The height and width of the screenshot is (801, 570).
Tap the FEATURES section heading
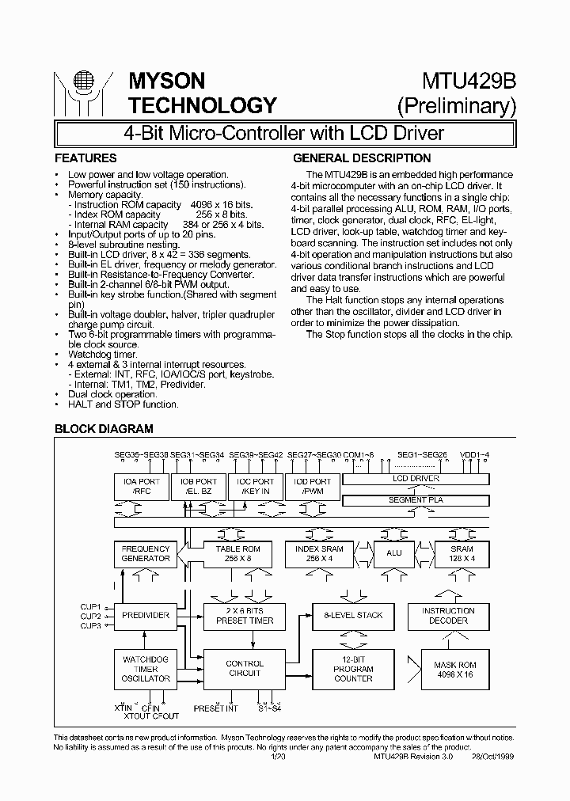[85, 158]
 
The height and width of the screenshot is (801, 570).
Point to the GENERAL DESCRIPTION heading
[362, 158]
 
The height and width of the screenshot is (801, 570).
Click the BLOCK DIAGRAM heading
[103, 429]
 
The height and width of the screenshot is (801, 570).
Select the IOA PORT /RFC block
[141, 486]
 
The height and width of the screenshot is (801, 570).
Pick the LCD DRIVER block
[416, 479]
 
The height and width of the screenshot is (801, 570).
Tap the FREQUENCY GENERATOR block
[146, 553]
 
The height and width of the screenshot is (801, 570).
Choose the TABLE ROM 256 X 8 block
[237, 553]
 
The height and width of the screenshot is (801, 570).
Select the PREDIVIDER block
[146, 615]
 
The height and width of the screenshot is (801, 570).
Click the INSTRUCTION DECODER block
[448, 615]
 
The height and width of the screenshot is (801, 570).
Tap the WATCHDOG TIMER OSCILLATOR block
[146, 668]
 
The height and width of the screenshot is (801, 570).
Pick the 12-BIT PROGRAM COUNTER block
[353, 668]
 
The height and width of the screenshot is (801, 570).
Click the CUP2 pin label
[91, 616]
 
